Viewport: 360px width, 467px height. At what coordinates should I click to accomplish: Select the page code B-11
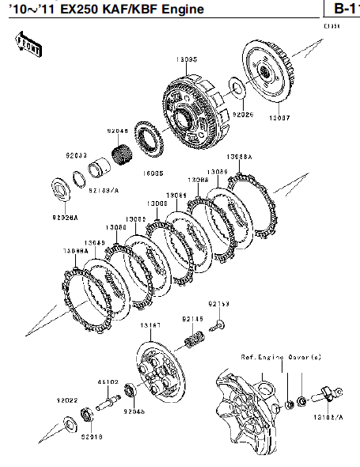tap(341, 9)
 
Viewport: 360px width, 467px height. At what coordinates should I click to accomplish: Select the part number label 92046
tap(119, 132)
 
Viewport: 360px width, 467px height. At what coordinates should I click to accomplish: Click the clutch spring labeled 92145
tap(191, 343)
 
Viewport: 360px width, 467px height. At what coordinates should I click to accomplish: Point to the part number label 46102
tap(108, 382)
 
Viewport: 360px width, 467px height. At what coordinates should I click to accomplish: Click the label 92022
tap(67, 400)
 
